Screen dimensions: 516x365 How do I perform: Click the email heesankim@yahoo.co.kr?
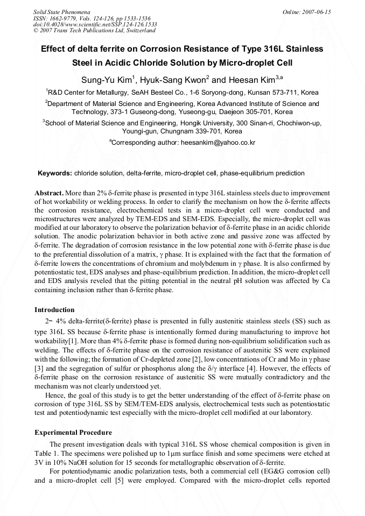(x=210, y=143)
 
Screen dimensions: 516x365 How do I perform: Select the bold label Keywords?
(x=54, y=173)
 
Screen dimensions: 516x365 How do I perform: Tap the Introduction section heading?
(x=54, y=310)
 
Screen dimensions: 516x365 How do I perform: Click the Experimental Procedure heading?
(x=73, y=433)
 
